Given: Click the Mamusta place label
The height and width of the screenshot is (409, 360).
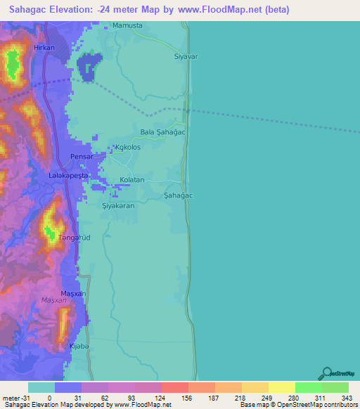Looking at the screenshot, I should point(127,25).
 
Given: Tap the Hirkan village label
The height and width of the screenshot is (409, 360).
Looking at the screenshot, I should point(43,48).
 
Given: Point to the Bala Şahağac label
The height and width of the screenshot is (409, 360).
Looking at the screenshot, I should point(162,131).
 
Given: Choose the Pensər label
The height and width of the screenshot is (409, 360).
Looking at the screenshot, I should point(82,157).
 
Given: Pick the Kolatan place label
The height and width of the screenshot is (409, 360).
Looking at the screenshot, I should point(131,180).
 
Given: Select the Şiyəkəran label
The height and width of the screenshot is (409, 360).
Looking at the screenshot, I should point(118,206).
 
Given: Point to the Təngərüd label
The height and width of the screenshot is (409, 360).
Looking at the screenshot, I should point(73,238).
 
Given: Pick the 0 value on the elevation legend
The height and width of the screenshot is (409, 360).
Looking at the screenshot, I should point(49,398).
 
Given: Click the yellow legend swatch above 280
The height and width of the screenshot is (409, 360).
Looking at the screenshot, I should point(281,387).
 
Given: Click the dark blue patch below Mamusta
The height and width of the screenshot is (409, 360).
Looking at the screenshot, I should point(89,67).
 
